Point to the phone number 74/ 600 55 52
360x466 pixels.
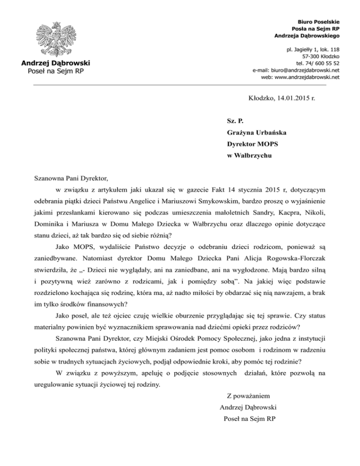[x=324, y=62]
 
